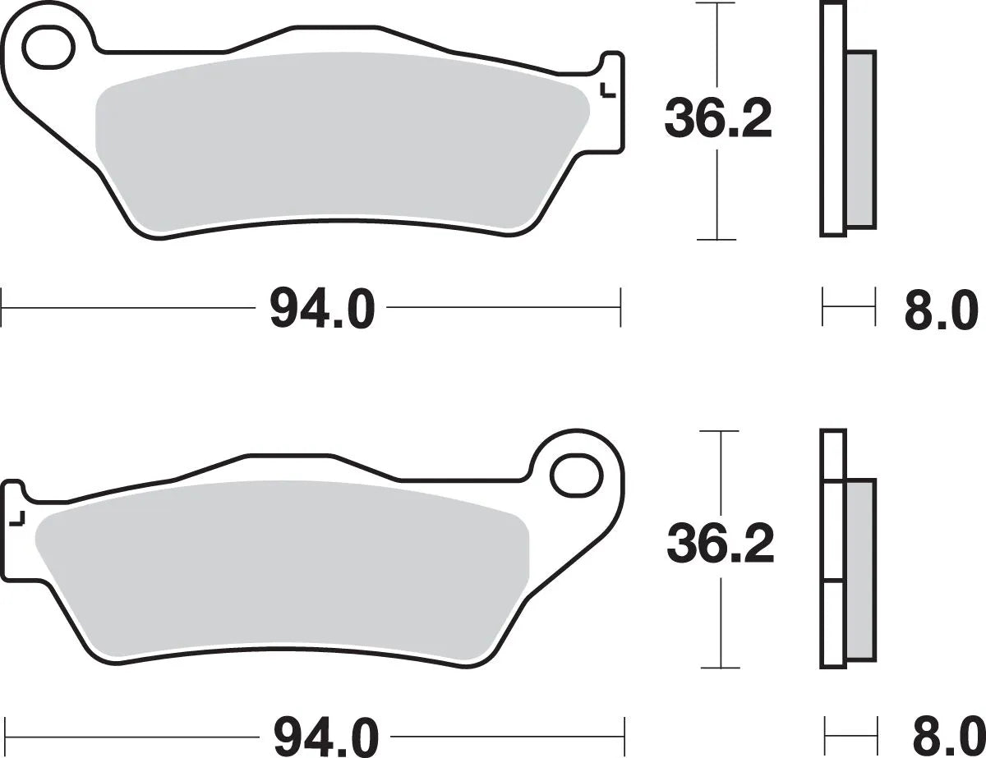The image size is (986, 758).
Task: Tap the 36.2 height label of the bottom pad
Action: coord(720,546)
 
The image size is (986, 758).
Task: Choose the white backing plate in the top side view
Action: coord(832,119)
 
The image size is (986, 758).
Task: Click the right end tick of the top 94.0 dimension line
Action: coord(620,308)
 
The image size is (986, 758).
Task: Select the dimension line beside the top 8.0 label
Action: coord(849,308)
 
